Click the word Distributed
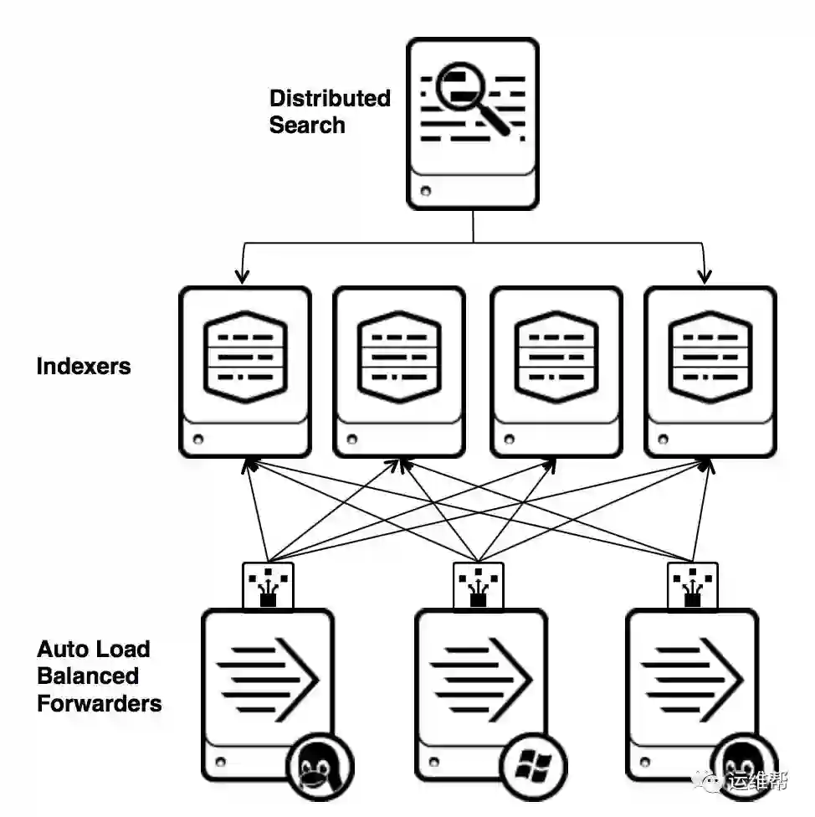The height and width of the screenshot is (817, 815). (330, 98)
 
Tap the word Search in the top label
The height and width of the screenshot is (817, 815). (307, 126)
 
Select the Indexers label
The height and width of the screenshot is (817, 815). (84, 366)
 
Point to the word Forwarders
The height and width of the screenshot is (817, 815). (100, 702)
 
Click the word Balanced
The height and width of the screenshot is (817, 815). (88, 676)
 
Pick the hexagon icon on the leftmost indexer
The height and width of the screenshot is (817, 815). (246, 357)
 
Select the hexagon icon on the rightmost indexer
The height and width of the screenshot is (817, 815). (710, 357)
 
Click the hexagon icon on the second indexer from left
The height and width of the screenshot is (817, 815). (398, 357)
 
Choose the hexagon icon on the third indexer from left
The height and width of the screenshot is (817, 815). (556, 357)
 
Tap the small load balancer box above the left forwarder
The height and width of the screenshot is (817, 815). (269, 584)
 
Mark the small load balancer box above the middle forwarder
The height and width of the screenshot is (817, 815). (479, 584)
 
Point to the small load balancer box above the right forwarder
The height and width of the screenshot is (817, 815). (692, 584)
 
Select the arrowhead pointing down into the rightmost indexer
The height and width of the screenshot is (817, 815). (704, 275)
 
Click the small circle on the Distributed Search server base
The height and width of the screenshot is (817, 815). (426, 191)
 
